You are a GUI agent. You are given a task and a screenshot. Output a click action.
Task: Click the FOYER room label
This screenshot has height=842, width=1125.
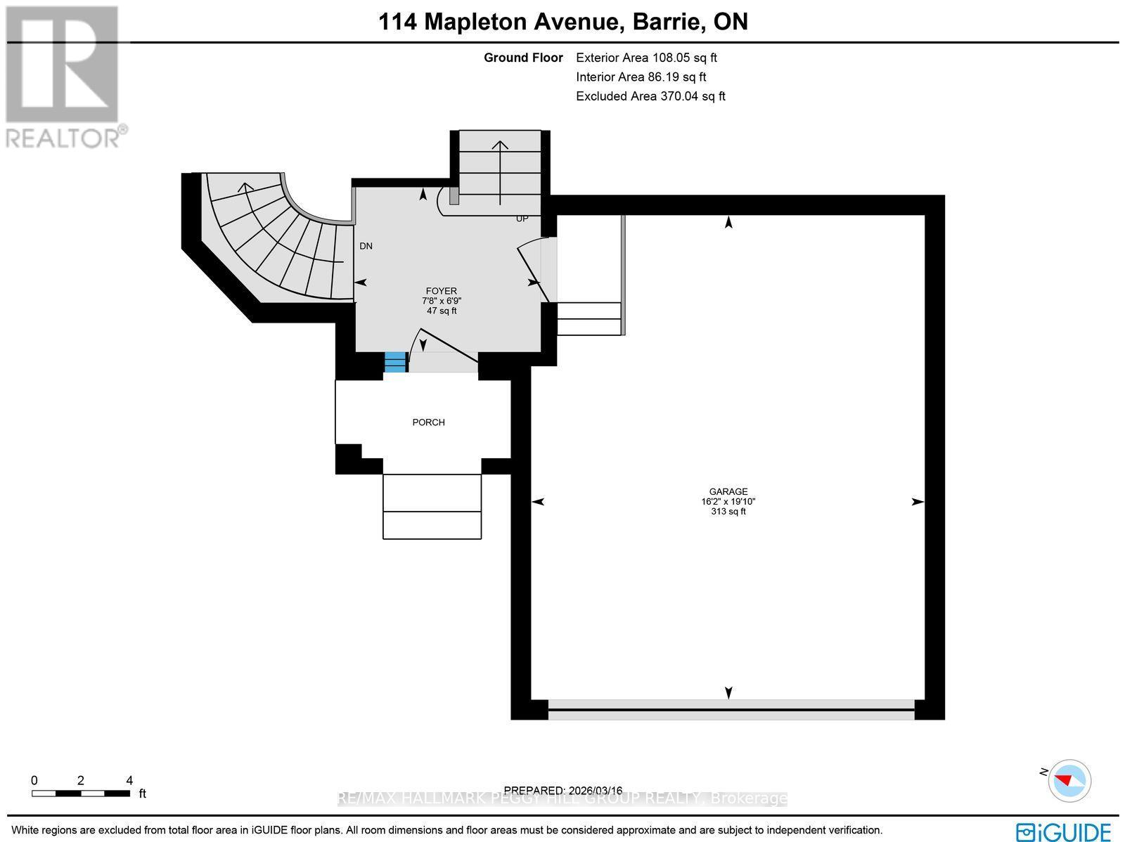(441, 291)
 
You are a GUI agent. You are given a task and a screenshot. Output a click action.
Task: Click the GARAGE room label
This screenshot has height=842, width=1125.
(728, 492)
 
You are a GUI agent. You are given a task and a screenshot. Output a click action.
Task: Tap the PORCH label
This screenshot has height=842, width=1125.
(428, 422)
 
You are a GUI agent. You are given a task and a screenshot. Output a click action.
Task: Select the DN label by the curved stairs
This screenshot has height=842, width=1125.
(366, 246)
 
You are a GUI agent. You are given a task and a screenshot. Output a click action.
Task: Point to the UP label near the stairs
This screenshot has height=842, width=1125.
(522, 219)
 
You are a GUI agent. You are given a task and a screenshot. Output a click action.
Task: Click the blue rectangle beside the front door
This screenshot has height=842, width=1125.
(396, 362)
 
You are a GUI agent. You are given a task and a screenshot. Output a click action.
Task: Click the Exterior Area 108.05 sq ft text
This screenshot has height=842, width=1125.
(646, 58)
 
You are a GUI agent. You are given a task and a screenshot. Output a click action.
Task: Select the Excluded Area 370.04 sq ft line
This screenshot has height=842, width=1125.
(650, 96)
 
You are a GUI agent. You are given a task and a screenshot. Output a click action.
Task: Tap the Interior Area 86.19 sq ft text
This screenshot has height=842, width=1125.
(641, 77)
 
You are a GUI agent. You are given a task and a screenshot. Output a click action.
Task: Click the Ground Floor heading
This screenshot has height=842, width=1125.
(523, 58)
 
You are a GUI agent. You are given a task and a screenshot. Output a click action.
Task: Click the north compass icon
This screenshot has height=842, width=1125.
(1069, 780)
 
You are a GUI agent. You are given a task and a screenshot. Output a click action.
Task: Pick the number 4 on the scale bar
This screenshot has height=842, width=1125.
(129, 780)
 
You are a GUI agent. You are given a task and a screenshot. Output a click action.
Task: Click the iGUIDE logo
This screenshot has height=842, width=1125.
(1063, 831)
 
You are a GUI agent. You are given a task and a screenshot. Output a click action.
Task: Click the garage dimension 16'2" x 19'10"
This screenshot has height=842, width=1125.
(728, 502)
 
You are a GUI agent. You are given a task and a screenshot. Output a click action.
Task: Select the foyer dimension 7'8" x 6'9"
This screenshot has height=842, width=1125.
(441, 301)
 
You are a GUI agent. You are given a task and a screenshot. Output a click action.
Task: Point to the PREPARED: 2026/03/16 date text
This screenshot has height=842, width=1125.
(563, 790)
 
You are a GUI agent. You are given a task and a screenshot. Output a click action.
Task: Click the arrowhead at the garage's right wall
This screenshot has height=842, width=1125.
(918, 502)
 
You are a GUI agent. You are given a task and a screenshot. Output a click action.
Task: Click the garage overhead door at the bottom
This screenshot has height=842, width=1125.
(731, 709)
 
